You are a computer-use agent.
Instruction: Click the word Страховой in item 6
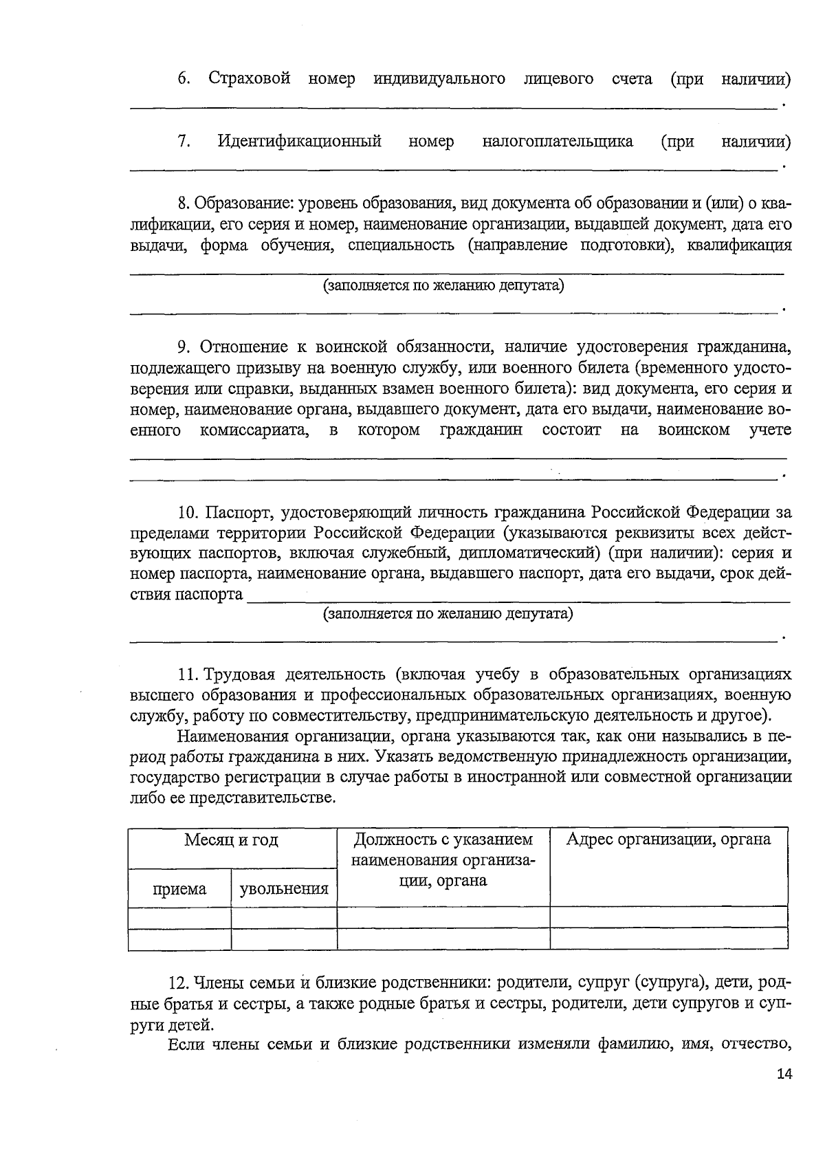[250, 79]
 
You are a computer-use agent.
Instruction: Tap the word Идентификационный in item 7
[299, 142]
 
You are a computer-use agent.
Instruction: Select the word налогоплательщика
[557, 142]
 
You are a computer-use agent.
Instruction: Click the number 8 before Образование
[182, 204]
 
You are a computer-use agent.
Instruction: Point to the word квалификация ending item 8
[739, 245]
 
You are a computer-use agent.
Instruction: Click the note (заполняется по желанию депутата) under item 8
[443, 285]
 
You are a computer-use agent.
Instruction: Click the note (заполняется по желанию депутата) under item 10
[448, 613]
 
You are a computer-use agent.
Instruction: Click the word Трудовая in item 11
[240, 674]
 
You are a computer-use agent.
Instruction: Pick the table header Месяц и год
[232, 840]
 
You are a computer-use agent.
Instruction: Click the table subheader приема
[179, 889]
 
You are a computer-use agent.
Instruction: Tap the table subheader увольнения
[283, 889]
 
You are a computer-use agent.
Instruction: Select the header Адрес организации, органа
[668, 840]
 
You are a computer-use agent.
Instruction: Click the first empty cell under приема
[179, 917]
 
